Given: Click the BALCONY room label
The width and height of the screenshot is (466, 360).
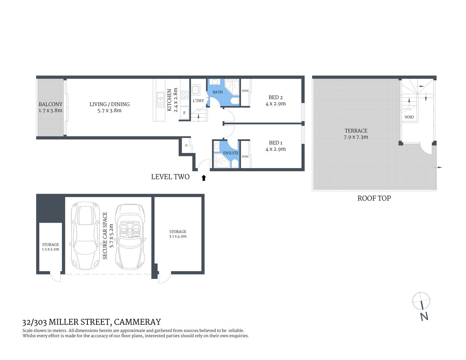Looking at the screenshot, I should [50, 104].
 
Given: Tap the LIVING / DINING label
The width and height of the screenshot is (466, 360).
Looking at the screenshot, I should [110, 104].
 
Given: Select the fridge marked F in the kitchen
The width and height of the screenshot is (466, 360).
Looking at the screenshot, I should [184, 112].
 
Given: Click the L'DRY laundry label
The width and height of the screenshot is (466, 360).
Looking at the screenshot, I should [198, 100].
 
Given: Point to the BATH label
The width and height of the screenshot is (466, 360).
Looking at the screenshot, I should [218, 92].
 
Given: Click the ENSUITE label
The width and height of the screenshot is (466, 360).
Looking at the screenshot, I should [231, 153].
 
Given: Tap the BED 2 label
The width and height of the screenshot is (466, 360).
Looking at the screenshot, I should [275, 97].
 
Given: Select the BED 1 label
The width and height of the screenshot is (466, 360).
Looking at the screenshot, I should [275, 143].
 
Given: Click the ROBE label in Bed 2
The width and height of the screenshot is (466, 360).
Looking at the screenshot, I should [245, 91].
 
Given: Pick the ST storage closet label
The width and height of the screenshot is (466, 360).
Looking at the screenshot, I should [186, 145].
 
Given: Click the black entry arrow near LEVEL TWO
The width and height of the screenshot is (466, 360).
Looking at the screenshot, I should [204, 178].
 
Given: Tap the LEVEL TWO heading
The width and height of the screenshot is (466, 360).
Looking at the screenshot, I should [170, 177].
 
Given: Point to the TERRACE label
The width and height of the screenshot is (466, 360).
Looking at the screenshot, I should [356, 131].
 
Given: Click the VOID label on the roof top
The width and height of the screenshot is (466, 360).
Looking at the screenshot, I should [409, 117].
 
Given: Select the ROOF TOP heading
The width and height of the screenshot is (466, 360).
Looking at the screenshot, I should [374, 198].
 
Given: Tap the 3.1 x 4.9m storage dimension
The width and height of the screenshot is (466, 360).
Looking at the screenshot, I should [178, 237].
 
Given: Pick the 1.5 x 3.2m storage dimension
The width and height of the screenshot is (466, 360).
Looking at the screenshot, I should [50, 249].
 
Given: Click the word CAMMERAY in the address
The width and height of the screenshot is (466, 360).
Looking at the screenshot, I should [137, 322].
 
